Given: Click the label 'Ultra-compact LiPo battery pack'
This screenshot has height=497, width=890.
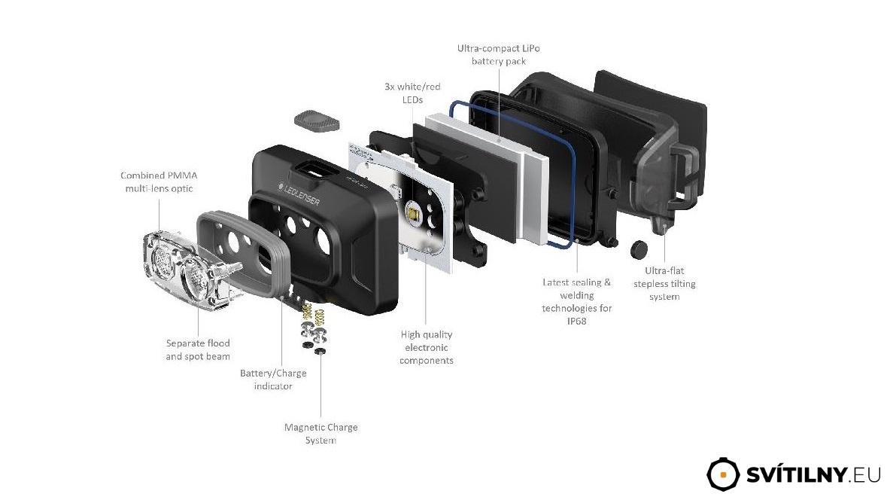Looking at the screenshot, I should point(498,54).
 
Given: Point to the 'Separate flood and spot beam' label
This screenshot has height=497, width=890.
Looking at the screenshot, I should point(198,349).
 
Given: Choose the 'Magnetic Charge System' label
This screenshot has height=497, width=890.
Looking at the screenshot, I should point(320,433).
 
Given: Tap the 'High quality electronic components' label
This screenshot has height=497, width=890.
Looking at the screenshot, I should point(427,347).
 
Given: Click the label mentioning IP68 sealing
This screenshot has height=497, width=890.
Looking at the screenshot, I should point(577,301).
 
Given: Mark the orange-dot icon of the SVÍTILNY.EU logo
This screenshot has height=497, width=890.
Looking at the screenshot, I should point(724,474).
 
